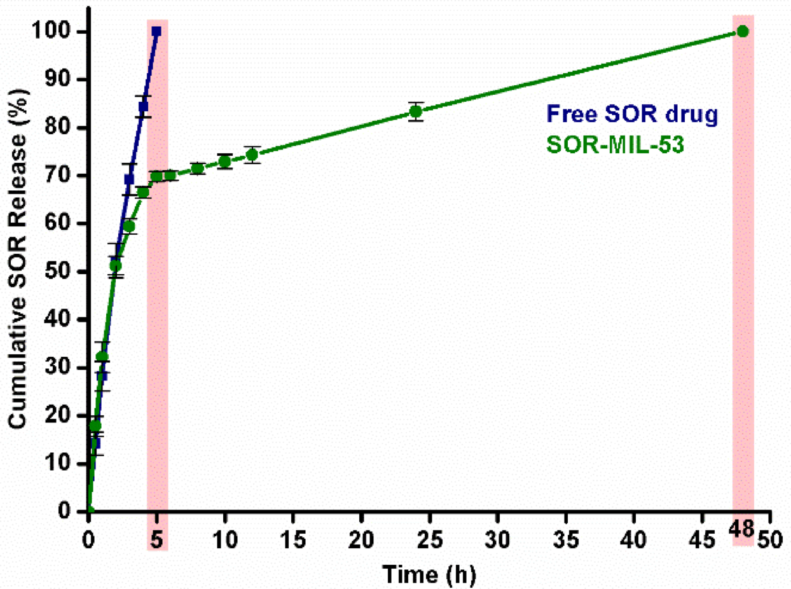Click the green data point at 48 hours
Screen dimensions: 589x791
[741, 31]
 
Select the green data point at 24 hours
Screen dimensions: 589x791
[415, 111]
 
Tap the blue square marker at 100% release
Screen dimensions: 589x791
[156, 31]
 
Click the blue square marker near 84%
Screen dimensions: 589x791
[143, 106]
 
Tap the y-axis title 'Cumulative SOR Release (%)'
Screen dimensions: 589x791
[18, 272]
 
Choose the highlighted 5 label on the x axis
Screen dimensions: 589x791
[156, 530]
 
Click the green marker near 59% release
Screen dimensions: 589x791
[129, 226]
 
